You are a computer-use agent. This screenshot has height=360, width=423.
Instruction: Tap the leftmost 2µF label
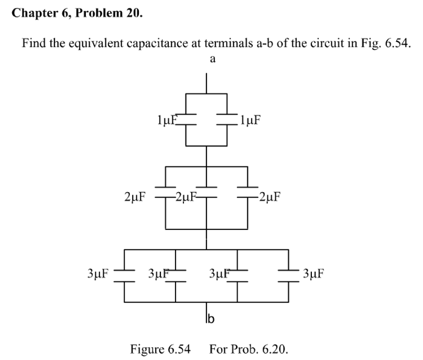[x=135, y=198]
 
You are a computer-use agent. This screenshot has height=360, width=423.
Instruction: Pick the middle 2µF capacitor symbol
[x=207, y=190]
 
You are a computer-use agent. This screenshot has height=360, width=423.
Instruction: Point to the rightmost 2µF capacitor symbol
[x=247, y=190]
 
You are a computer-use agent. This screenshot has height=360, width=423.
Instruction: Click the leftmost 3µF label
[x=98, y=273]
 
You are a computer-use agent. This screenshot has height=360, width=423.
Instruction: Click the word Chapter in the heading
[x=30, y=13]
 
